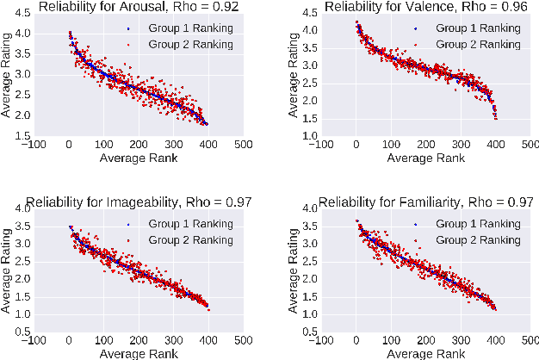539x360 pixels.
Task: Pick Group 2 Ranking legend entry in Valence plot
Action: point(478,42)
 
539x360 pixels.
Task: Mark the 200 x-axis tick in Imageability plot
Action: point(139,340)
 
